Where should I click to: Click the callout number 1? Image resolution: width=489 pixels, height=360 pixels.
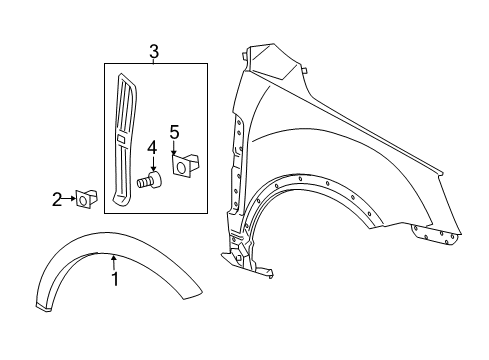tap(114, 280)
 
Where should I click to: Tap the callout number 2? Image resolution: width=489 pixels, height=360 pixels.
tap(56, 200)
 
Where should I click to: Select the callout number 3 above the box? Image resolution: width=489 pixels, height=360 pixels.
tap(154, 51)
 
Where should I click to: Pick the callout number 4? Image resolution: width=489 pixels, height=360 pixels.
tap(152, 149)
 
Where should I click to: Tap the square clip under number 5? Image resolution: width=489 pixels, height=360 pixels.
tap(182, 165)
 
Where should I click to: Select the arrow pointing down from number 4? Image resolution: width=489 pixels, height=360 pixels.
tap(152, 164)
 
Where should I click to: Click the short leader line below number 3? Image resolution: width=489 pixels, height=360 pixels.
tap(154, 61)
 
